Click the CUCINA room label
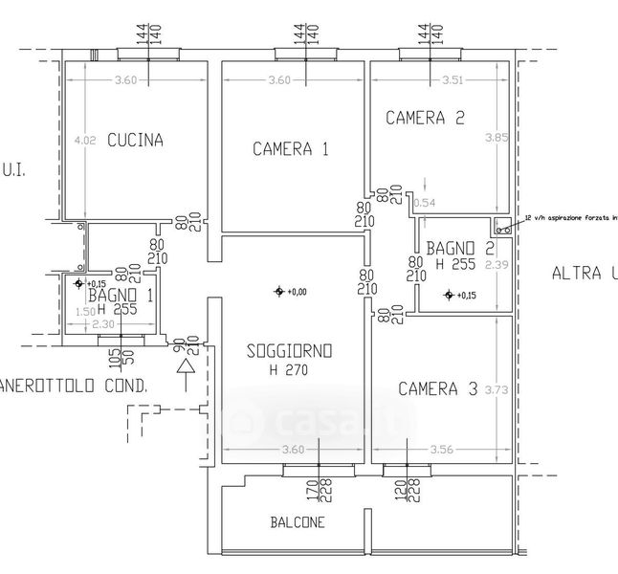pos(135,140)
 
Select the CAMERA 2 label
pos(425,118)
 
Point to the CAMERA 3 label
pos(437,388)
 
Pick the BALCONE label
pos(296,522)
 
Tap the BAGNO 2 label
pos(460,248)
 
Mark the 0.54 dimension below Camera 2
pos(423,202)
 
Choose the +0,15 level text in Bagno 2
pos(465,295)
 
